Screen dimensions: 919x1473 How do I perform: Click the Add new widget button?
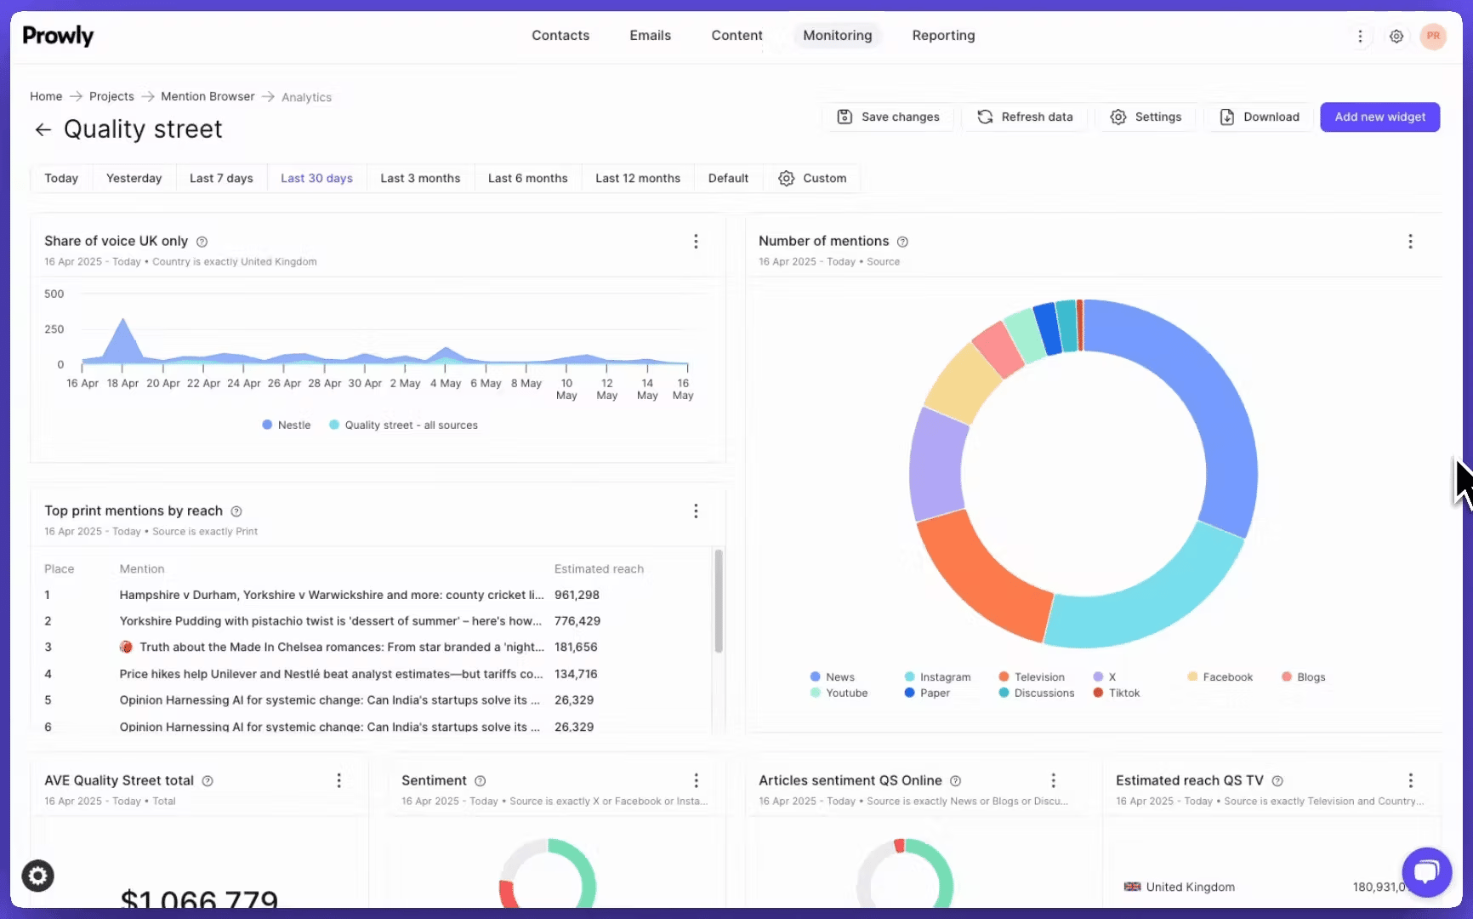(x=1379, y=117)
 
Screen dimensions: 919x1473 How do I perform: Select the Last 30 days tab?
(x=316, y=179)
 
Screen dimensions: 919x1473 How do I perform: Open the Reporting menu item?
(x=943, y=36)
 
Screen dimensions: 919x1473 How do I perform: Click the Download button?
(x=1260, y=117)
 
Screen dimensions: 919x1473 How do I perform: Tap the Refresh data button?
(x=1025, y=117)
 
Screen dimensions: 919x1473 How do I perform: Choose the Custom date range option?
(x=812, y=179)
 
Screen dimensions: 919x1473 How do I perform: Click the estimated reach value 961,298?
(x=577, y=596)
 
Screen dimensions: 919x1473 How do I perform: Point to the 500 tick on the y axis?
(x=54, y=294)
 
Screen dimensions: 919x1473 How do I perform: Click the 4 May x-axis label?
(x=445, y=384)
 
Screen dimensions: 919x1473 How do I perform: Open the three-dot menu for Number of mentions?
(x=1410, y=242)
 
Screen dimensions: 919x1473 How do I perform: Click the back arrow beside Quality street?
(x=43, y=130)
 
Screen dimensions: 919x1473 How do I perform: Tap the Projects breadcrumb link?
(x=111, y=97)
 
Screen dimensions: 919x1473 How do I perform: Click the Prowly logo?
(x=58, y=36)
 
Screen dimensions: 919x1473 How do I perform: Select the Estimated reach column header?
(x=599, y=569)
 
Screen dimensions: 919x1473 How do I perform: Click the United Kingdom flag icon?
(x=1132, y=887)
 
